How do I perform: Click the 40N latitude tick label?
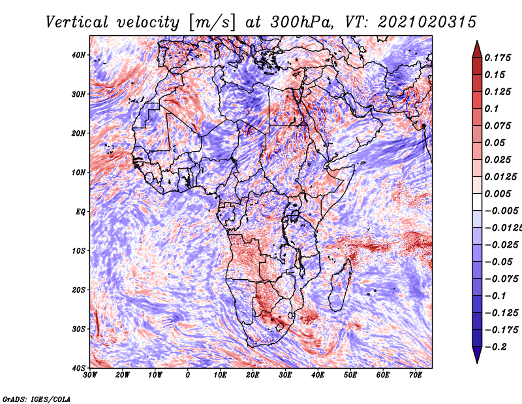78,55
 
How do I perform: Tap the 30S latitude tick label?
78,329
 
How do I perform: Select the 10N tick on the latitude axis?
78,172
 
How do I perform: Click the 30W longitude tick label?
90,375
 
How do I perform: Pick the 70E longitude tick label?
415,375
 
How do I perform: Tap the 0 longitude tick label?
188,375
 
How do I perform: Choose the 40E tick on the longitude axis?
318,375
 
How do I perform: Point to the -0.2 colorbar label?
495,346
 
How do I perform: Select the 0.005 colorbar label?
498,194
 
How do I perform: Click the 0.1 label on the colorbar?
491,109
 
